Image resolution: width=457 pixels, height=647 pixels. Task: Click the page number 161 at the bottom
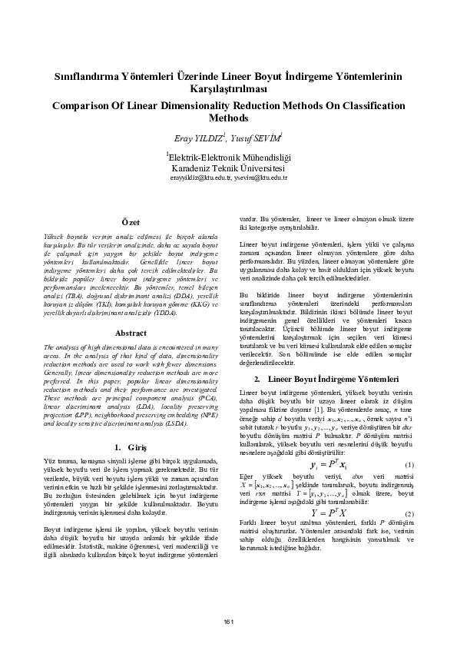pyautogui.click(x=228, y=622)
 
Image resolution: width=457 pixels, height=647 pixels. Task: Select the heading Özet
pyautogui.click(x=130, y=222)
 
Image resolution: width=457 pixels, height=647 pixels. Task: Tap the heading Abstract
pyautogui.click(x=130, y=333)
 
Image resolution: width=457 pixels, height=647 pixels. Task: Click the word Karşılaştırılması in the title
pyautogui.click(x=228, y=90)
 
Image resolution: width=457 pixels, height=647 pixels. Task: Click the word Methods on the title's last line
pyautogui.click(x=228, y=118)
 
